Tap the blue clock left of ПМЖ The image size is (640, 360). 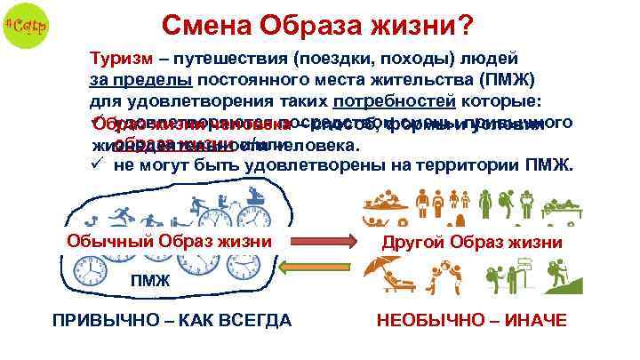coord(92,271)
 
